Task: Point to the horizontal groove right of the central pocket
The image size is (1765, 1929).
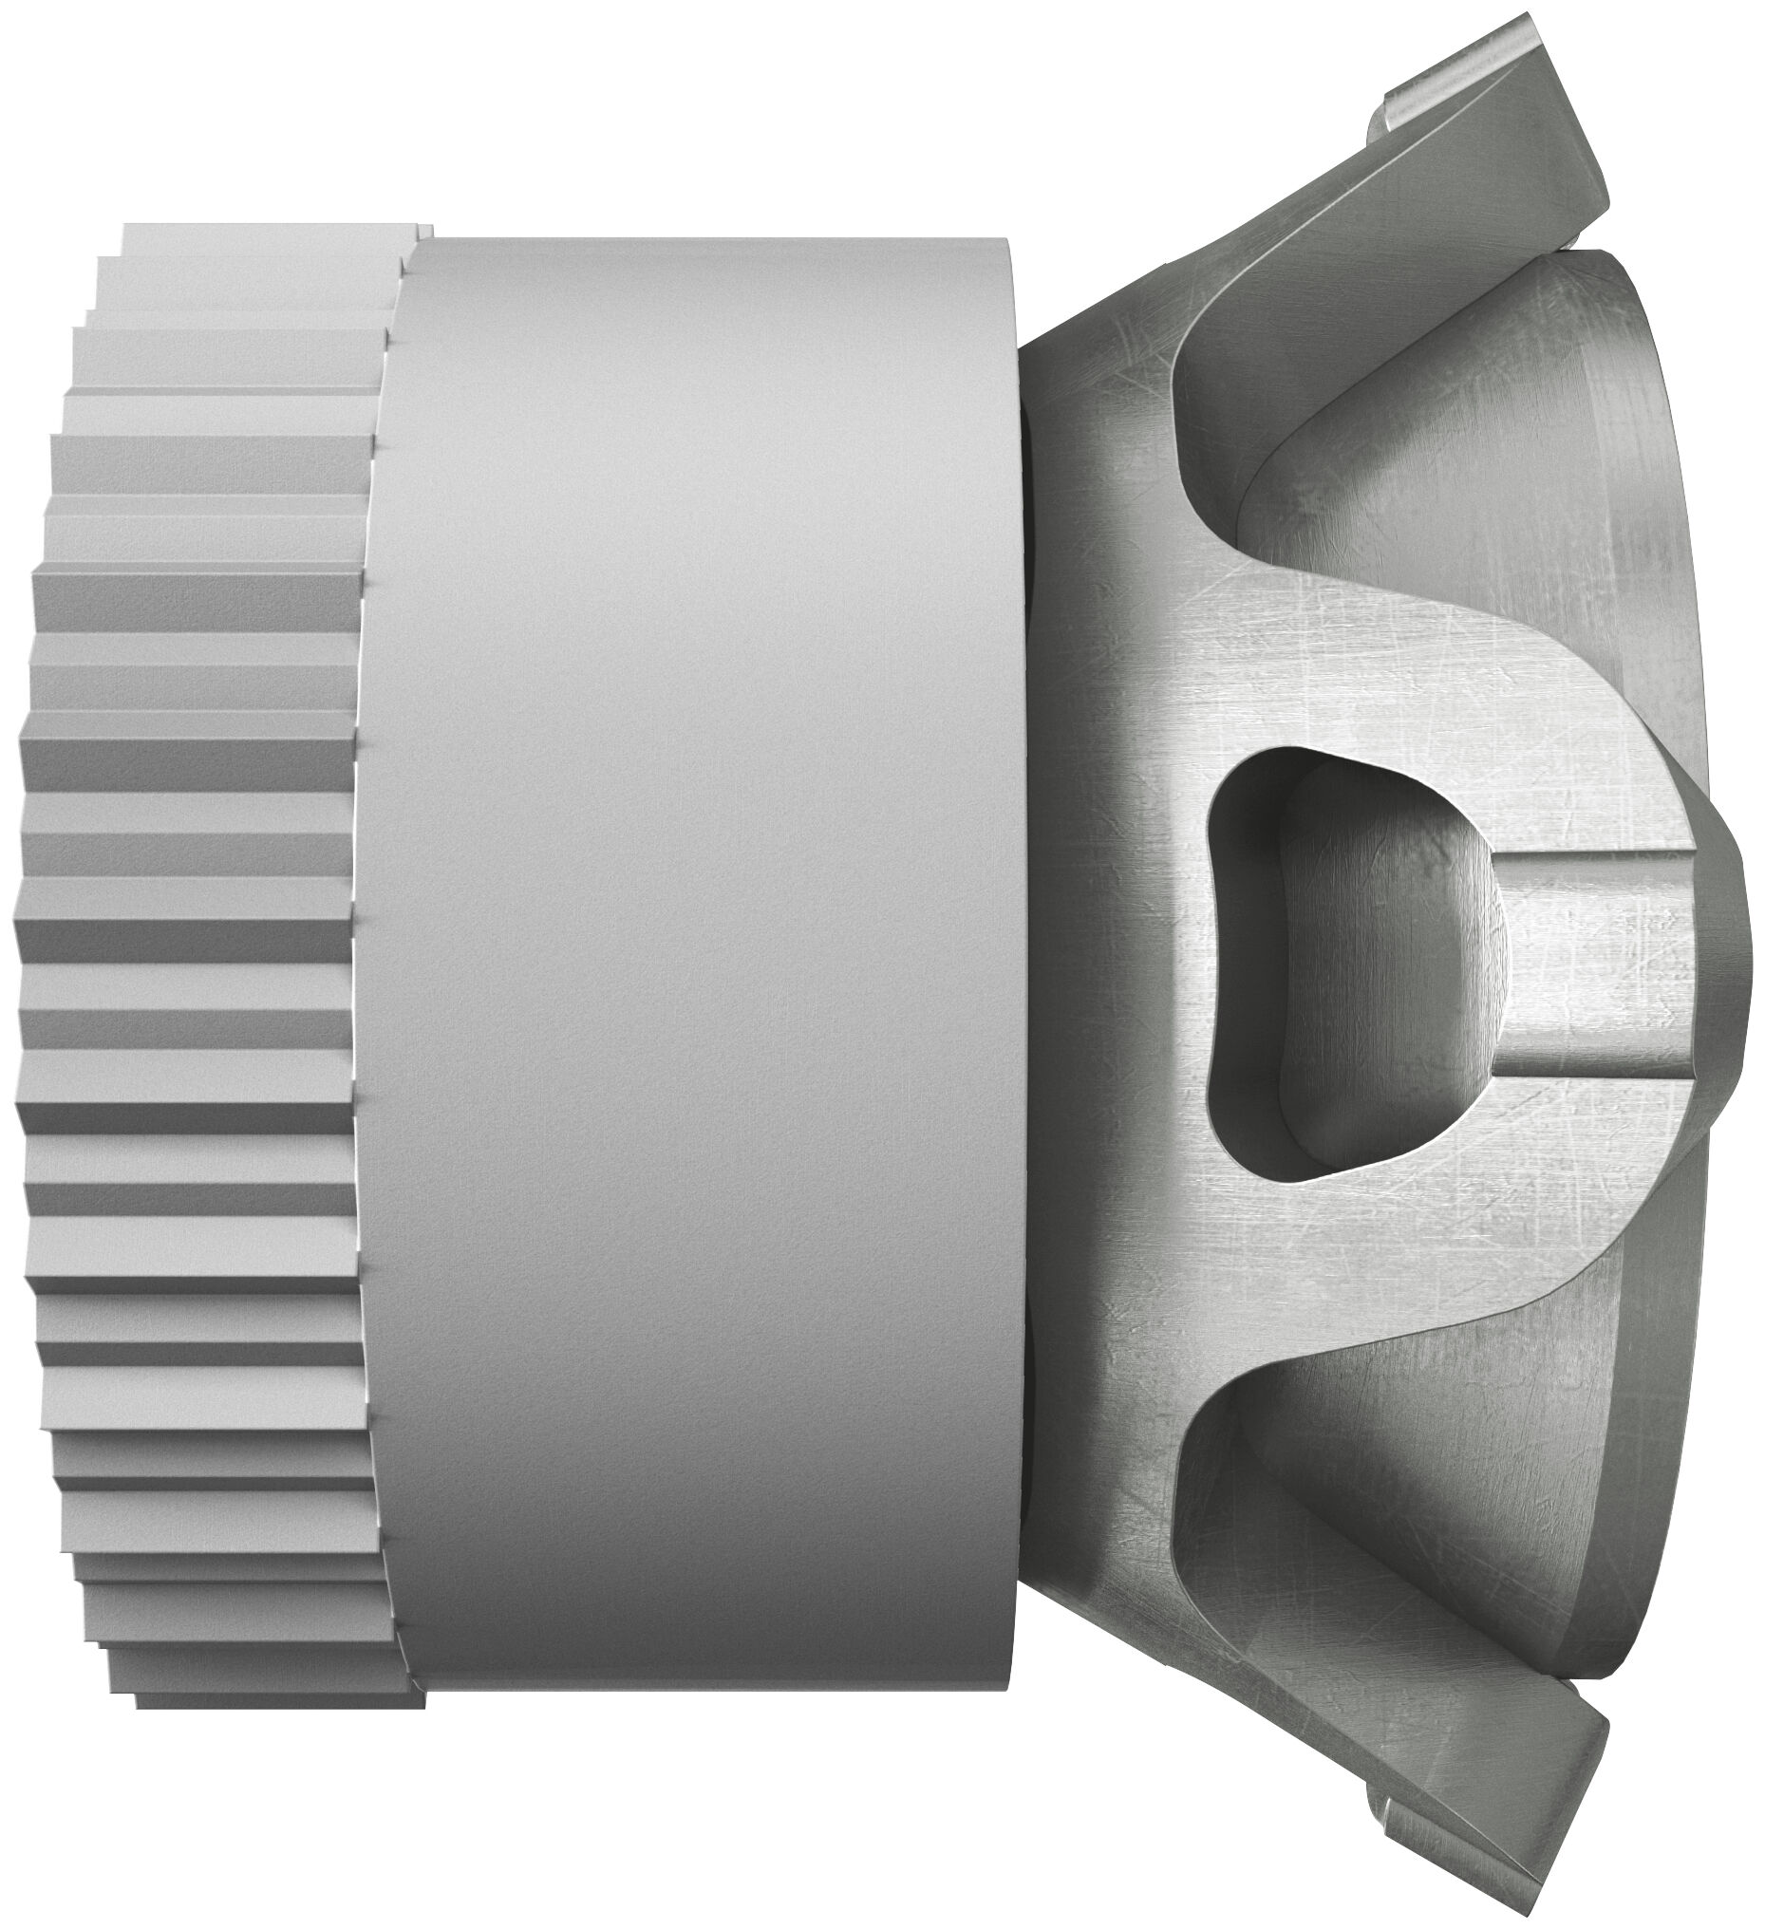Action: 1589,966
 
